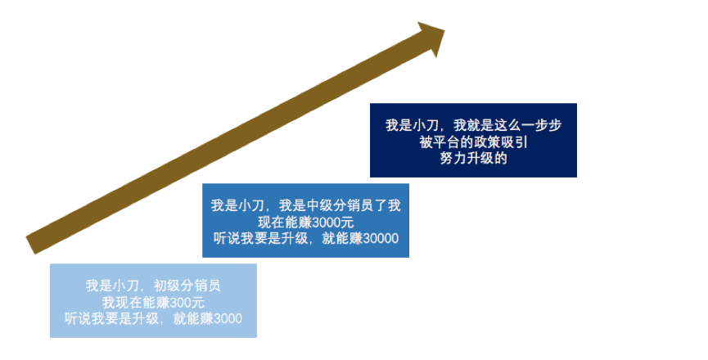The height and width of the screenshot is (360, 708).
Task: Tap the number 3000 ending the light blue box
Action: (227, 317)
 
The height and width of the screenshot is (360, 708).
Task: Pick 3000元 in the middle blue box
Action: (328, 222)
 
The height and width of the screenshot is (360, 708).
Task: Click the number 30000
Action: (381, 238)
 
